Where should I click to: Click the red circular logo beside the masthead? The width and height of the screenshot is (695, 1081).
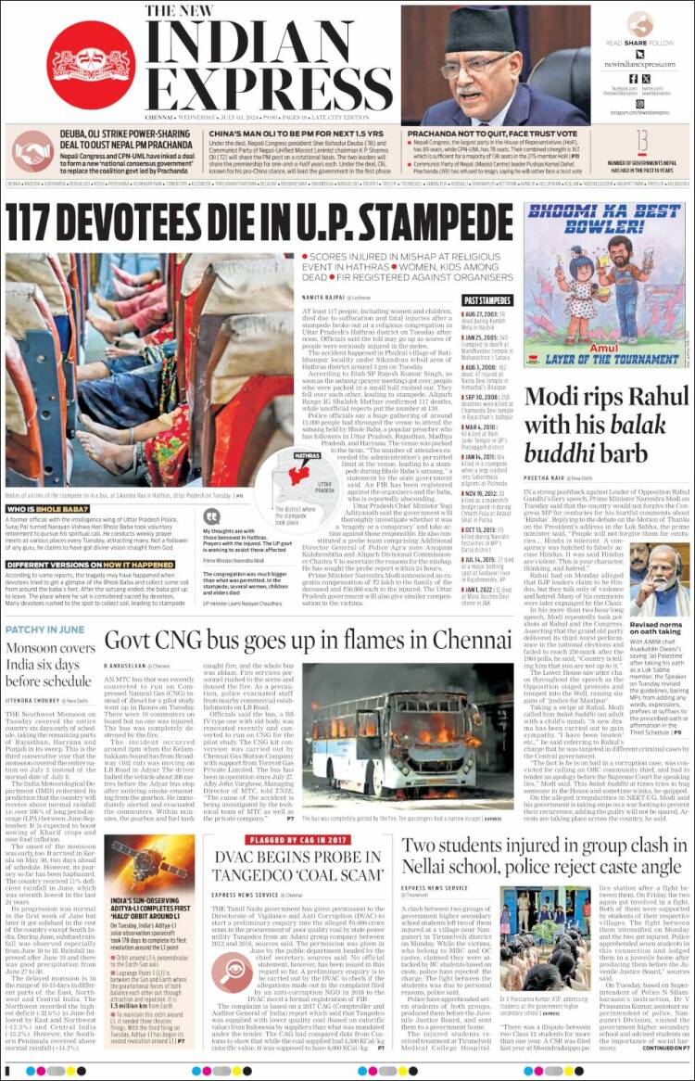click(90, 65)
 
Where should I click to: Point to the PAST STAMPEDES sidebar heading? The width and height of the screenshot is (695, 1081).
click(486, 300)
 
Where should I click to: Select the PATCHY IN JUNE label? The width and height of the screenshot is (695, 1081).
click(41, 630)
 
